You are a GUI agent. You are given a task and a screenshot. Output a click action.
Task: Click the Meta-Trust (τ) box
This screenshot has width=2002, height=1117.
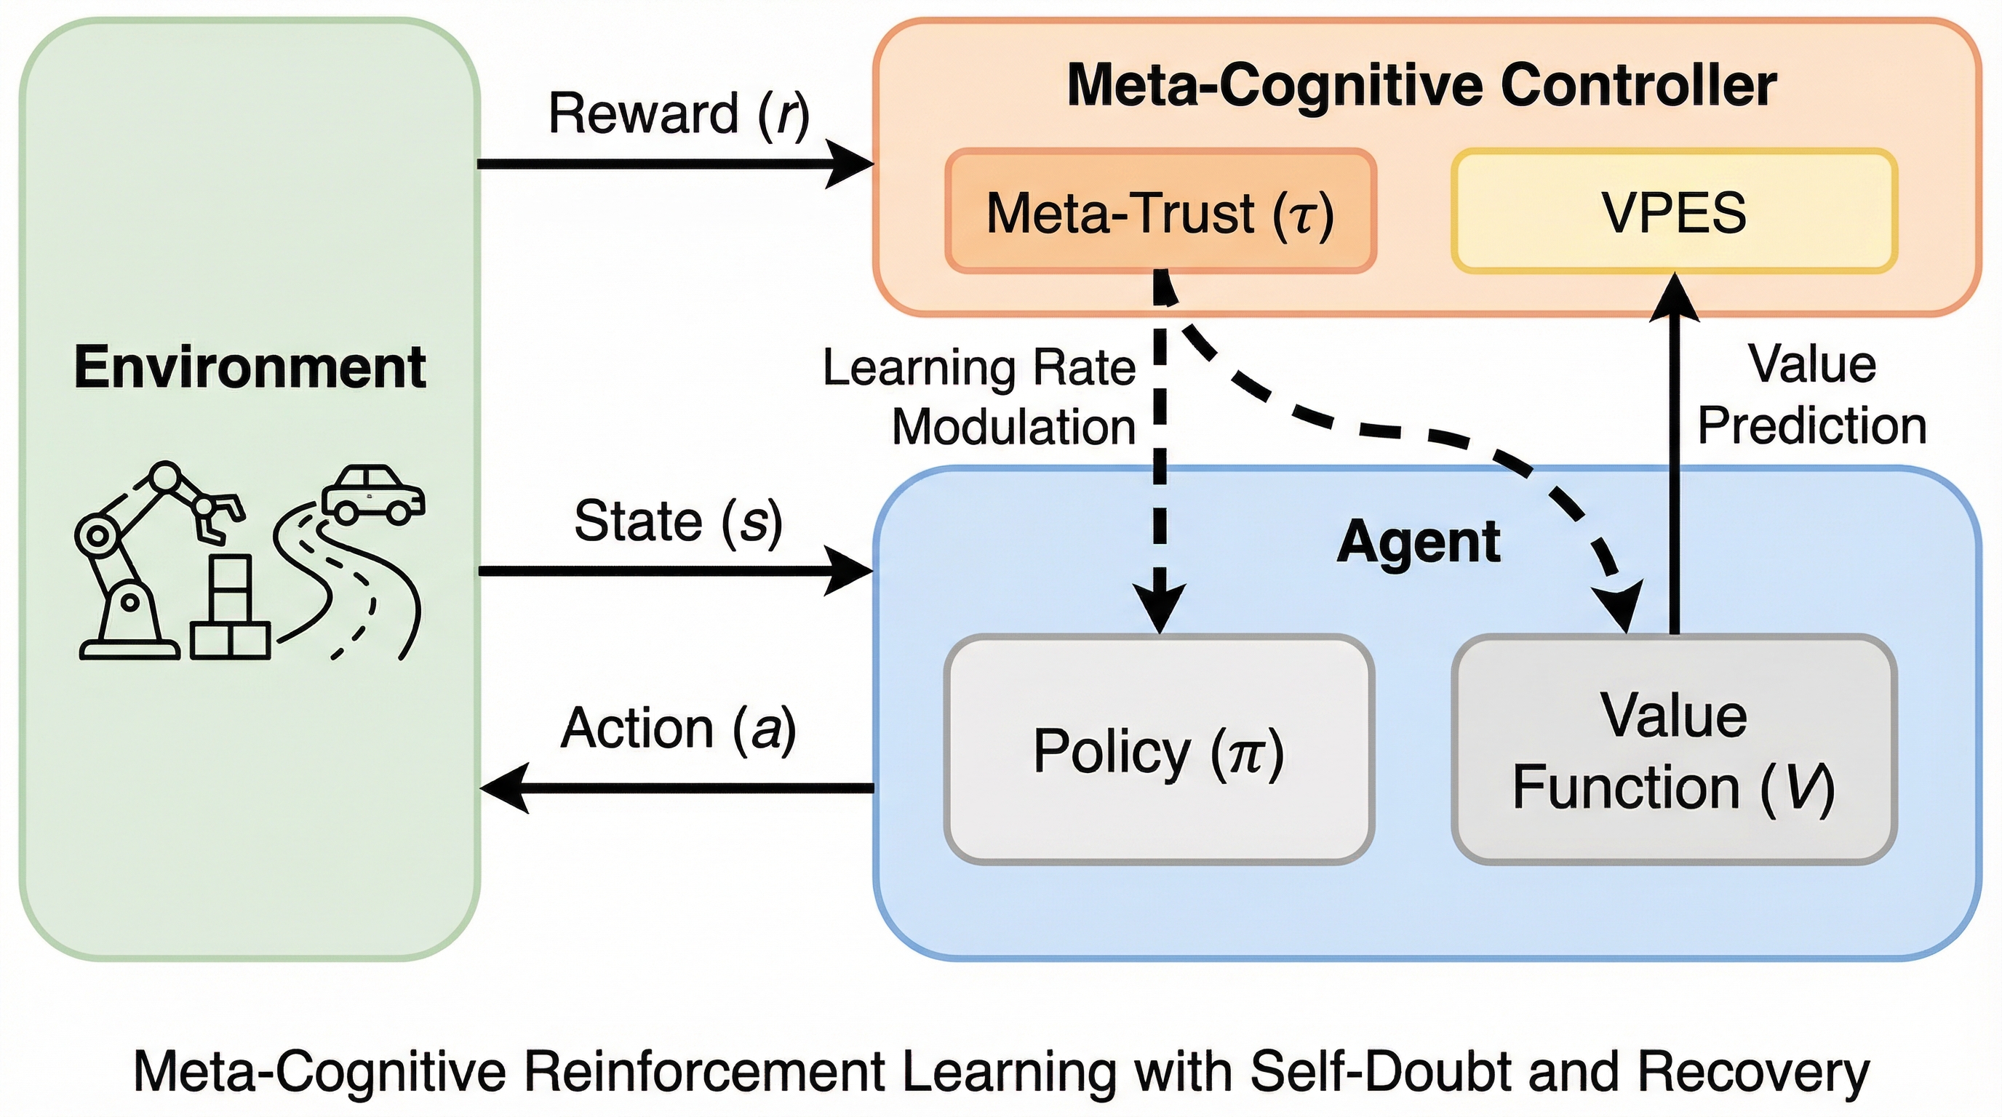click(1160, 212)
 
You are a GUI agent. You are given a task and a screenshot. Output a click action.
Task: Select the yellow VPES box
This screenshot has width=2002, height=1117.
click(1674, 212)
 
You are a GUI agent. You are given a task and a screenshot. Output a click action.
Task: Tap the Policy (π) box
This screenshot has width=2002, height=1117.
click(1159, 750)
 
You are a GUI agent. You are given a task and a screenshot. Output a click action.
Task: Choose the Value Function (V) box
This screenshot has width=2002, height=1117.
click(1674, 750)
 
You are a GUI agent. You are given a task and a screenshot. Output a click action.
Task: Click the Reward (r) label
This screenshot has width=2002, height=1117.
click(679, 113)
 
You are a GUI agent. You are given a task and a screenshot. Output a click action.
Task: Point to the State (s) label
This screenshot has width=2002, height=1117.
click(678, 521)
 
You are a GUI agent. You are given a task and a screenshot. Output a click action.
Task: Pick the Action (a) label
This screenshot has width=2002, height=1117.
click(679, 729)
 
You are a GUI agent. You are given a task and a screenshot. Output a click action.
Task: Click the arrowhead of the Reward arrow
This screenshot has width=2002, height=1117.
click(851, 164)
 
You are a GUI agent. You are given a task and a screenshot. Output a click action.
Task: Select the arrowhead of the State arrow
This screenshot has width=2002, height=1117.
click(851, 571)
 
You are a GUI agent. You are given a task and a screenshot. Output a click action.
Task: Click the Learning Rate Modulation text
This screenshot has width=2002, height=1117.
click(979, 397)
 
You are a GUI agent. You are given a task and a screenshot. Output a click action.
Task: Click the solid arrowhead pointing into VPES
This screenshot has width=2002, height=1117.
click(1674, 297)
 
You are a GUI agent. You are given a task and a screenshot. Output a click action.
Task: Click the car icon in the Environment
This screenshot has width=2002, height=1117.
click(373, 493)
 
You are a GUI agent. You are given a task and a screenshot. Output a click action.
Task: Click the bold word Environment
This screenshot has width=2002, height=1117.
click(250, 367)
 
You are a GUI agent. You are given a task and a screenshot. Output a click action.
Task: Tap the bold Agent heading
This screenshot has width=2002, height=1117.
click(1419, 542)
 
